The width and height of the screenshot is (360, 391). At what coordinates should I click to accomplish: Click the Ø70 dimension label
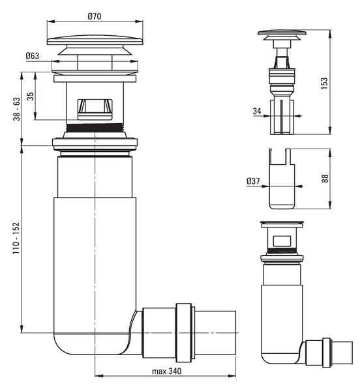pos(95,16)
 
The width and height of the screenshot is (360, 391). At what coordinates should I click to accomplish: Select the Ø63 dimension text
pos(33,56)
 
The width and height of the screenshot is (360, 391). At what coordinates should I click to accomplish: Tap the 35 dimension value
pos(30,96)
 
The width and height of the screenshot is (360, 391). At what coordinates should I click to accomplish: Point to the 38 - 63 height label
pos(17,109)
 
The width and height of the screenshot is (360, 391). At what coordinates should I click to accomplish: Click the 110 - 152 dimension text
pos(16,238)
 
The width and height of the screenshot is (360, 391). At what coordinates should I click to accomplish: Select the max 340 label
pos(167,371)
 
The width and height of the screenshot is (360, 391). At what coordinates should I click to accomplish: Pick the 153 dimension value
pos(324,83)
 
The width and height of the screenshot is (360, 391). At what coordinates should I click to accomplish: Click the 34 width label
pos(257,111)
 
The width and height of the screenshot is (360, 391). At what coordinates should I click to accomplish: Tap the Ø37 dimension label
pos(253,181)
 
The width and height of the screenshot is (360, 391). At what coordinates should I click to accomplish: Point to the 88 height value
pos(325,179)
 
